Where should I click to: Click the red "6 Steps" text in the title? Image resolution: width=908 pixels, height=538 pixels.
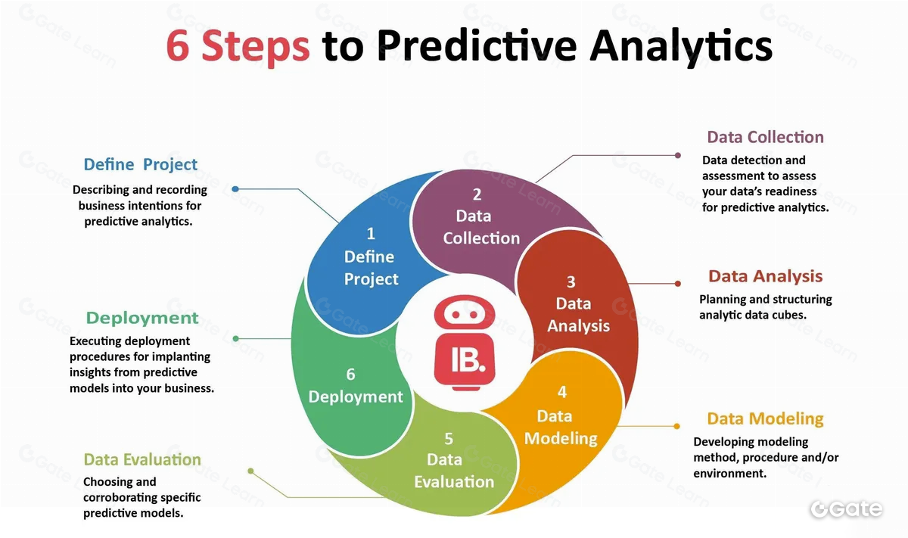pos(238,47)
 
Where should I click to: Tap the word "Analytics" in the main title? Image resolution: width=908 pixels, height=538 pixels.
pos(681,47)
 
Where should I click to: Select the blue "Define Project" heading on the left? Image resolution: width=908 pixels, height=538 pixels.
pos(140,165)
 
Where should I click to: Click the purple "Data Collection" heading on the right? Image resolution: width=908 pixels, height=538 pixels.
pos(765,137)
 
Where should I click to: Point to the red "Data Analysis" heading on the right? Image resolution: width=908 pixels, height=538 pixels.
pos(765,276)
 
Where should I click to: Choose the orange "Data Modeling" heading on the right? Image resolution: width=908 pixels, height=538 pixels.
pos(765,418)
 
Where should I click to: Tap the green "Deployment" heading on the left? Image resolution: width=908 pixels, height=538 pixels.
pos(142,318)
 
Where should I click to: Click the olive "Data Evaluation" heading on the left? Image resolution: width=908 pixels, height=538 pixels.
pos(142,460)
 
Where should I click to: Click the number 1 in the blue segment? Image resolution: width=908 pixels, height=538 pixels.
pos(371,234)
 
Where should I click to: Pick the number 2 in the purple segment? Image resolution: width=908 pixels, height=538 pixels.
pos(477,194)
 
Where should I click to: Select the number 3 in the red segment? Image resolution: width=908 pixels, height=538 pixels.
pos(571,281)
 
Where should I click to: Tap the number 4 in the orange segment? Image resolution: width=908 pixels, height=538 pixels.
pos(562,392)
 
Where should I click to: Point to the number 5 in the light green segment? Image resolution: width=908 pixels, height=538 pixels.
pos(448,439)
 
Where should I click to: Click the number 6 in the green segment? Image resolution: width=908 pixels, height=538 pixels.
pos(350,375)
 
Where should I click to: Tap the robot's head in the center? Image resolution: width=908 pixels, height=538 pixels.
pos(465,313)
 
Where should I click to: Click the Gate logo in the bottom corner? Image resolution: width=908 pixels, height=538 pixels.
pos(847,509)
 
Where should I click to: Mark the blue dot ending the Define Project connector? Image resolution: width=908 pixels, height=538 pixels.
pos(235,189)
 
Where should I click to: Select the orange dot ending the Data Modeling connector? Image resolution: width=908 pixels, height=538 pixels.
pos(677,426)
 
